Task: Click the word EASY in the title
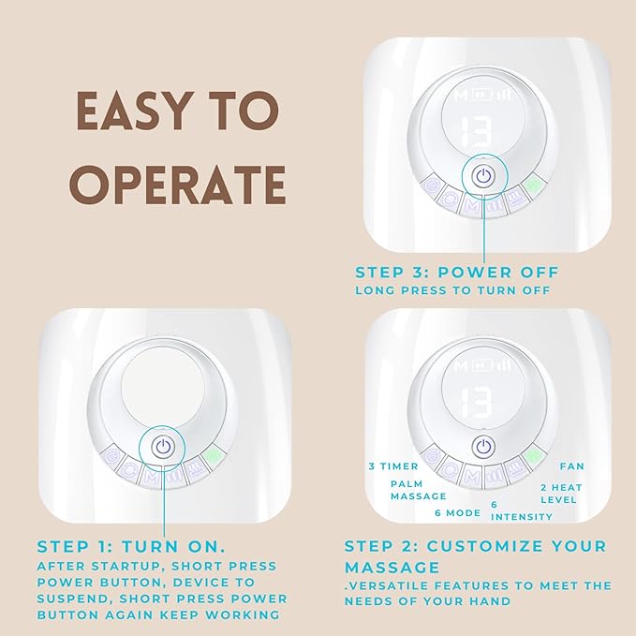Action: pos(133,111)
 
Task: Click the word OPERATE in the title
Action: pos(178,185)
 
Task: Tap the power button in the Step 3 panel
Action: pos(484,177)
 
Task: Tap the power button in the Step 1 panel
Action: pos(163,447)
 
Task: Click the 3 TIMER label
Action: pos(393,466)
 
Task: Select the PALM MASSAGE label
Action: pos(418,490)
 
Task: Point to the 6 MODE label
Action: pos(457,513)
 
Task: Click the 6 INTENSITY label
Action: pos(522,510)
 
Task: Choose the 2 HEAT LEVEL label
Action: pos(561,494)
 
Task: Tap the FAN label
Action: pos(572,466)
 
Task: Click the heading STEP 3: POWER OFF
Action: pos(457,273)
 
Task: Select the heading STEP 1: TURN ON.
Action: pos(131,547)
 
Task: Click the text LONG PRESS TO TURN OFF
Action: pos(452,290)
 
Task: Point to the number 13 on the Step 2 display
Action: pos(477,403)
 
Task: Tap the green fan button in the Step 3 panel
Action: pos(532,185)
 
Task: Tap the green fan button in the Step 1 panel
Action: pos(214,457)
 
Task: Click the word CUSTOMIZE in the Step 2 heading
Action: pos(484,546)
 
